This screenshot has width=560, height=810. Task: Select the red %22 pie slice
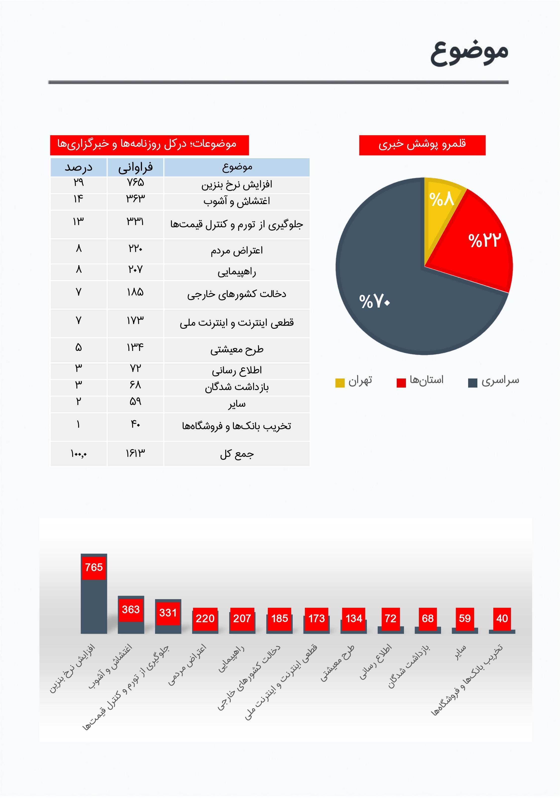pos(481,242)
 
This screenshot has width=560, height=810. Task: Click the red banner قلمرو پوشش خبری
pos(422,145)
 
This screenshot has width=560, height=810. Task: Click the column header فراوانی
pos(135,167)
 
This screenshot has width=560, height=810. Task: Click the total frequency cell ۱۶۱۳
pos(135,453)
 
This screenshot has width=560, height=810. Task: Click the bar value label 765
pos(94,567)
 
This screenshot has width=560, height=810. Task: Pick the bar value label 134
pos(354,618)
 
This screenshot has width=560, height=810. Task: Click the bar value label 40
pos(502,618)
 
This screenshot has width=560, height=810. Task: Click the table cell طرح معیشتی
pos(237,350)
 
